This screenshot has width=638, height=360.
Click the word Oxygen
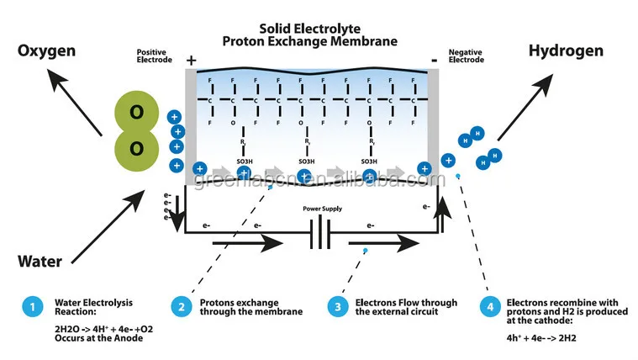(x=47, y=51)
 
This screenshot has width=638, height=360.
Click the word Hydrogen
(x=566, y=51)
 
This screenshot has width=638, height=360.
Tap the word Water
(x=40, y=262)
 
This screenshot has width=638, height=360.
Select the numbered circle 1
(x=31, y=308)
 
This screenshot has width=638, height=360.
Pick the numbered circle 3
(x=338, y=308)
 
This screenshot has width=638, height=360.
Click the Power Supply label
(x=323, y=209)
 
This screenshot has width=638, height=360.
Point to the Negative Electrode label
(x=466, y=56)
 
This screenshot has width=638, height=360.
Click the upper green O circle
(x=136, y=113)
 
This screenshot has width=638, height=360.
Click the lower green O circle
(x=136, y=149)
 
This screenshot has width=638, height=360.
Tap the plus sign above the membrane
(x=192, y=61)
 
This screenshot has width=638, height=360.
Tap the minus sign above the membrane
(x=434, y=61)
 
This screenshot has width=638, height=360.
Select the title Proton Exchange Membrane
(x=309, y=40)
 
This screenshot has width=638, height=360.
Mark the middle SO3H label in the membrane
(x=306, y=161)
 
